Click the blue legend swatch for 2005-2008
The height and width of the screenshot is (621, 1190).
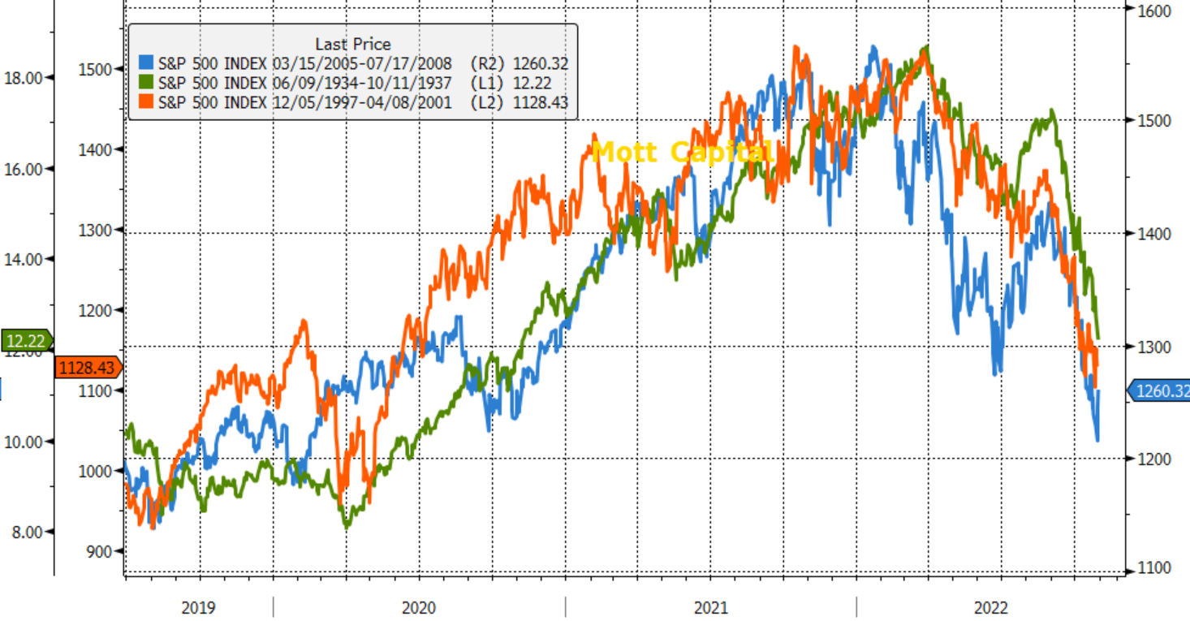[147, 63]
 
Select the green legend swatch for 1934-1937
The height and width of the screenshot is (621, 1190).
[147, 82]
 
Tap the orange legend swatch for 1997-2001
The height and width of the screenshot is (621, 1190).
[147, 101]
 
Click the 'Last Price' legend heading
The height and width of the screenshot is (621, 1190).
[352, 44]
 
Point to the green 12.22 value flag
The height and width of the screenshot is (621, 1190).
[25, 340]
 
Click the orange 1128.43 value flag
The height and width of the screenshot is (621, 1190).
[87, 368]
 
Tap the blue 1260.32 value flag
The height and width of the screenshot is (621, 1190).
[1160, 391]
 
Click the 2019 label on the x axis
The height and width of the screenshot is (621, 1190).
[198, 608]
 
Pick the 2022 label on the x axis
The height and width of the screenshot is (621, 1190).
[991, 608]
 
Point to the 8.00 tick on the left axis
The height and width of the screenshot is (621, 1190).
[25, 533]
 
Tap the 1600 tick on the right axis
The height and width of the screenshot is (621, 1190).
[1153, 11]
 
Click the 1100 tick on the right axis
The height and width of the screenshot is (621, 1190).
[1153, 568]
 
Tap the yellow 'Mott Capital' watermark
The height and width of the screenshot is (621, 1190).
[680, 152]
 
